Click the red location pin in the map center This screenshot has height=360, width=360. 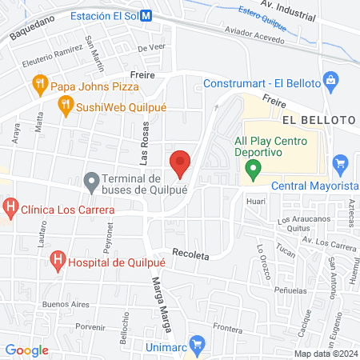(x=181, y=162)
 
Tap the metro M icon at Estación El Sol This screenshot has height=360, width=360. (x=145, y=16)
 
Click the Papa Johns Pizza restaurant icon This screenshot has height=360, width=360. (x=38, y=83)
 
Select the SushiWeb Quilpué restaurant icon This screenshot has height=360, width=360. (x=64, y=103)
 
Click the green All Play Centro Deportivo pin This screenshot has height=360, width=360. (x=254, y=168)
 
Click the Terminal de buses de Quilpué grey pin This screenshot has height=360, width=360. (x=93, y=183)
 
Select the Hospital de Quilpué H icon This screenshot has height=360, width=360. (x=58, y=259)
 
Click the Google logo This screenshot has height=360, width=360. (x=27, y=350)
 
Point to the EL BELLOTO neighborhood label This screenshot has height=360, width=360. (x=318, y=119)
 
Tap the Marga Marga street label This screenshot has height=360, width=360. (x=158, y=297)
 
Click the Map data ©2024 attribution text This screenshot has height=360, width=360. (x=326, y=353)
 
